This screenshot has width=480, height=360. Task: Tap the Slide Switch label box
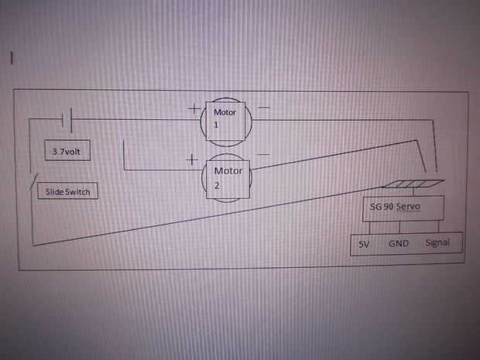(67, 190)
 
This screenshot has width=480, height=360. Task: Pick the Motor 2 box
(228, 177)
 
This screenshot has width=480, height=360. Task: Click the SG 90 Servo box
(403, 207)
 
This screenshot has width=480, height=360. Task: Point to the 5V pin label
(365, 244)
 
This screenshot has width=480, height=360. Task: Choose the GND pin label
(399, 244)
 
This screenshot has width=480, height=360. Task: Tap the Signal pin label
(437, 243)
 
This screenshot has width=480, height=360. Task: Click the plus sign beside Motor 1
(193, 109)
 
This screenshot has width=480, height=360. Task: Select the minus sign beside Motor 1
(264, 106)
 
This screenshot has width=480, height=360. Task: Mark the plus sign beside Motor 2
(190, 161)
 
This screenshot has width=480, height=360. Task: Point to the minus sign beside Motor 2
(262, 155)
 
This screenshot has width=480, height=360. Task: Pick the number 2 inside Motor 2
(218, 185)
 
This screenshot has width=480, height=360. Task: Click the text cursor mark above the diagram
(12, 57)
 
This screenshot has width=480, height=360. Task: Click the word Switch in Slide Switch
(81, 191)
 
